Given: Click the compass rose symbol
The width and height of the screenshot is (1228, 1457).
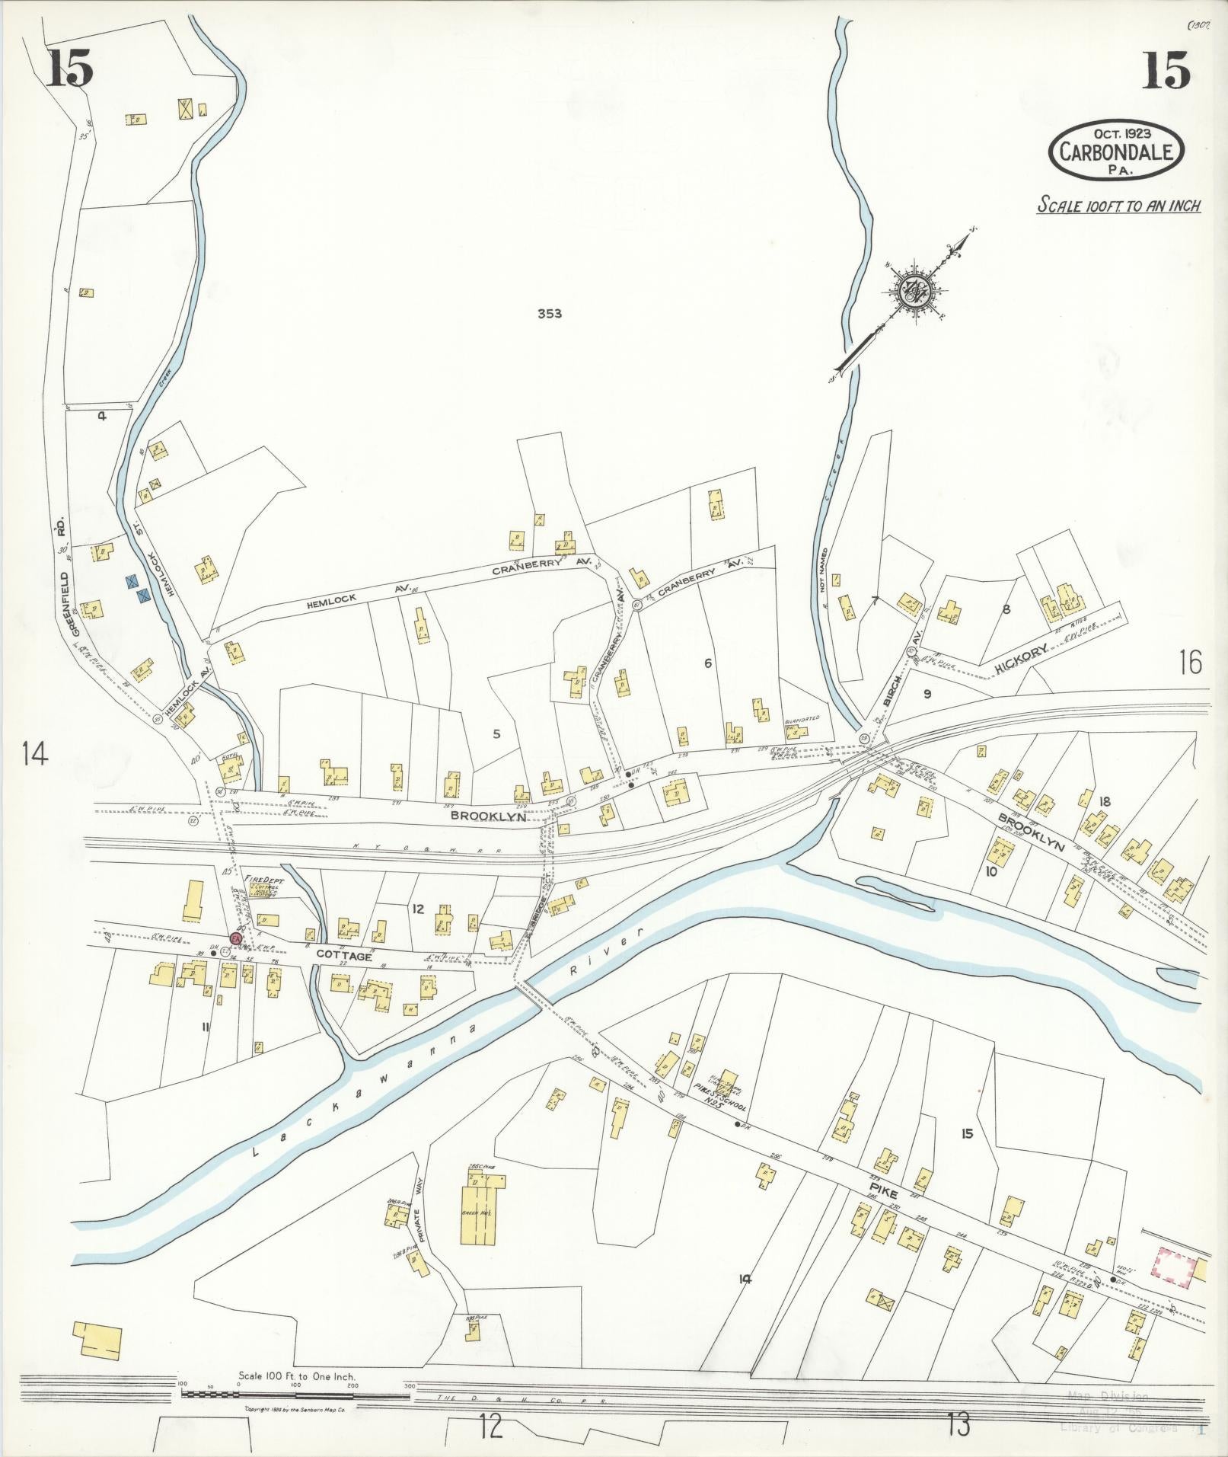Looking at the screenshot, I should tap(911, 291).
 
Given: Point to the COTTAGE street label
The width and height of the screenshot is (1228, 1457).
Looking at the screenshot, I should tap(343, 956).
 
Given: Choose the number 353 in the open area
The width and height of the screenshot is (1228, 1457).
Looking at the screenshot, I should tap(549, 313).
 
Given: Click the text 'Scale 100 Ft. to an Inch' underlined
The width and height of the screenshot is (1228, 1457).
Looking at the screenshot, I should tap(1118, 206).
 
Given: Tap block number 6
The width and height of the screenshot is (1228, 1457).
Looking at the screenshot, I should tap(708, 663).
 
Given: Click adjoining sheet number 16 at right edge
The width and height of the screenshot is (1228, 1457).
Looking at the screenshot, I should tap(1190, 663).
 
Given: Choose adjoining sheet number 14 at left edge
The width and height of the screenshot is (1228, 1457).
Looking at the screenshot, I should tap(34, 754).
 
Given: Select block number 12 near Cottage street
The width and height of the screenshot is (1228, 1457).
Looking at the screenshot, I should tap(417, 908).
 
